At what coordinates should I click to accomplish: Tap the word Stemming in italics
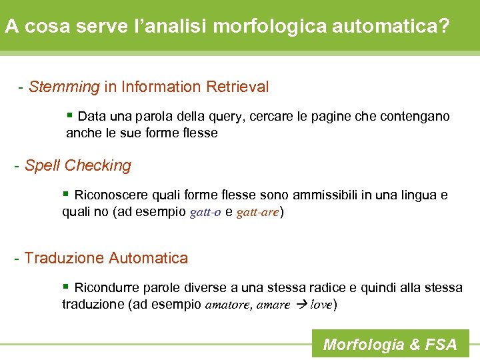64,87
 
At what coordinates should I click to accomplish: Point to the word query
228,117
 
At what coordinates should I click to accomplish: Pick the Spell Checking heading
77,165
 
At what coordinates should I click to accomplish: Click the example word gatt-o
205,213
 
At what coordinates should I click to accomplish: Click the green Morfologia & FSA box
390,344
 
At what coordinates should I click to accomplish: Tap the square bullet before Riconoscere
65,194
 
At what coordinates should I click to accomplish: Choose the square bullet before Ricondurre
65,287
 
